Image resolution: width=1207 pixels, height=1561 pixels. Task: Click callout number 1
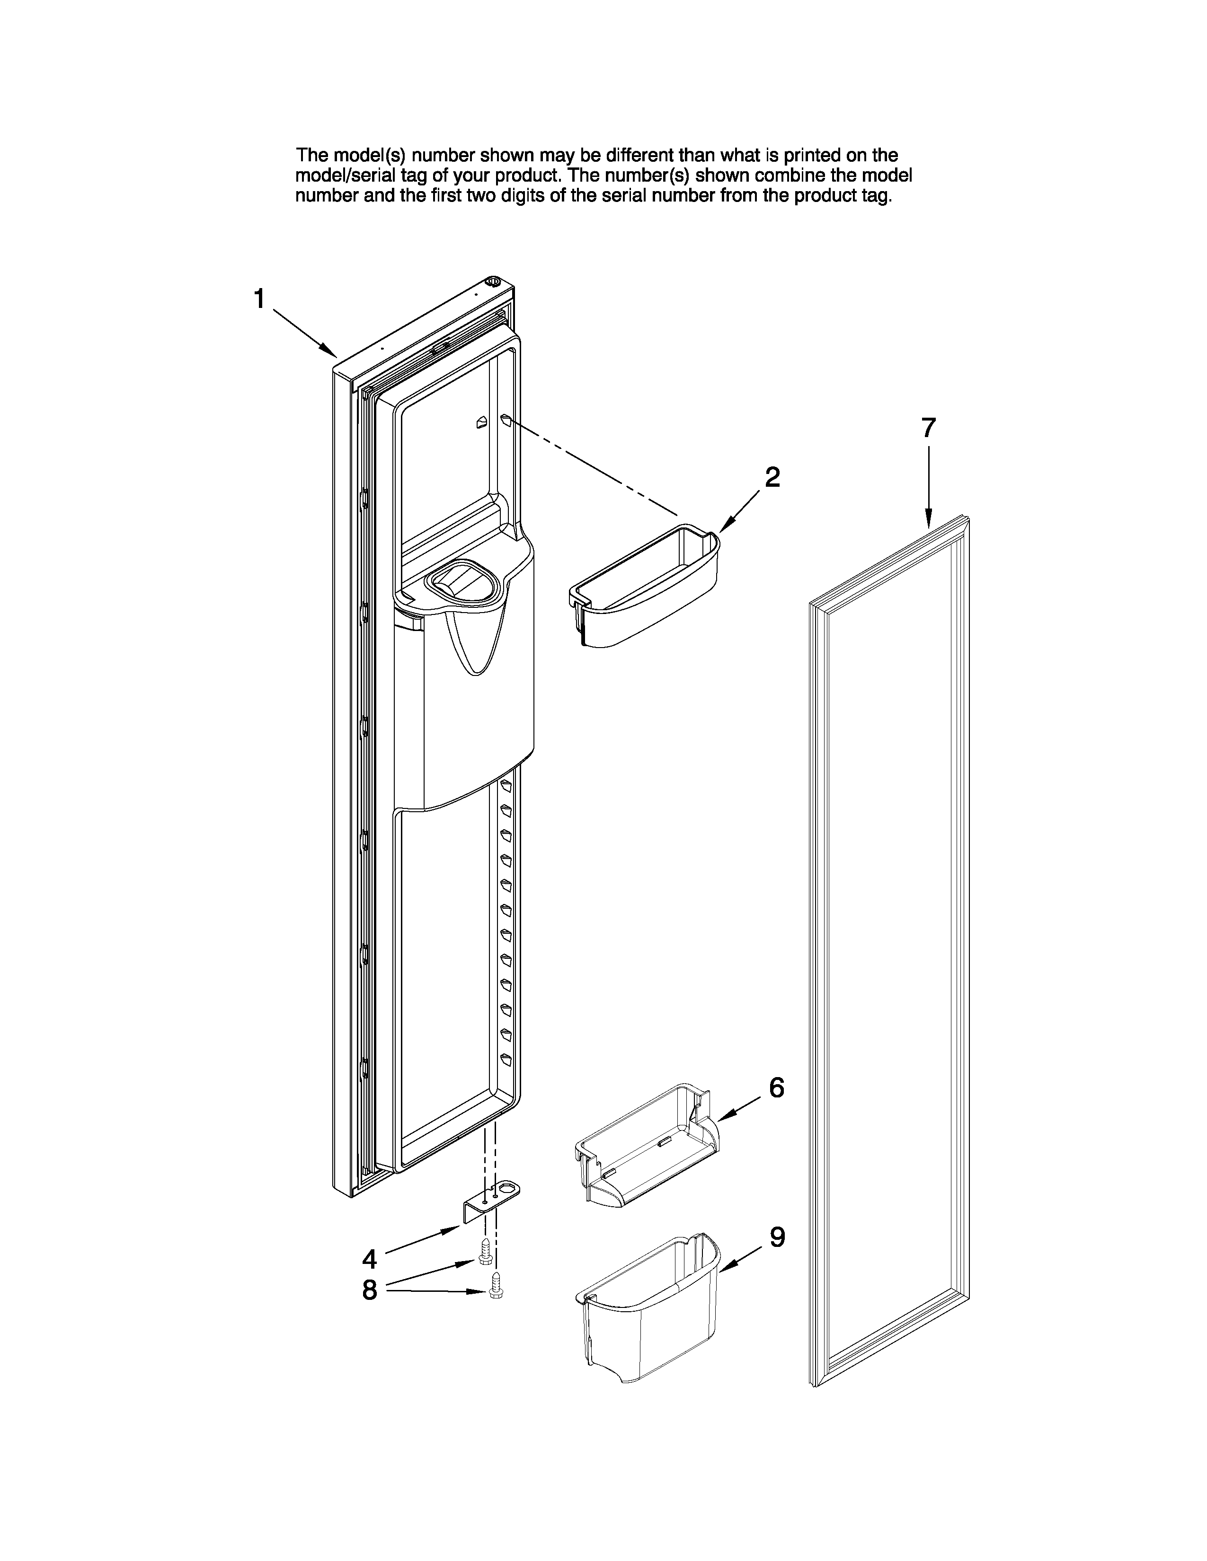coord(259,299)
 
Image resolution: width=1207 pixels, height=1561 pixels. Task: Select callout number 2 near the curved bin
coord(772,477)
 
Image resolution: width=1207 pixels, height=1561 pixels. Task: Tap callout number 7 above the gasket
coord(927,428)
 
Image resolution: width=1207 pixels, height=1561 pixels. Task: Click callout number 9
coord(777,1237)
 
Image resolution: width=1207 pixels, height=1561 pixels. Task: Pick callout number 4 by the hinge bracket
coord(369,1258)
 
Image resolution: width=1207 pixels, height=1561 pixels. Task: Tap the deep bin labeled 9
coord(647,1308)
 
